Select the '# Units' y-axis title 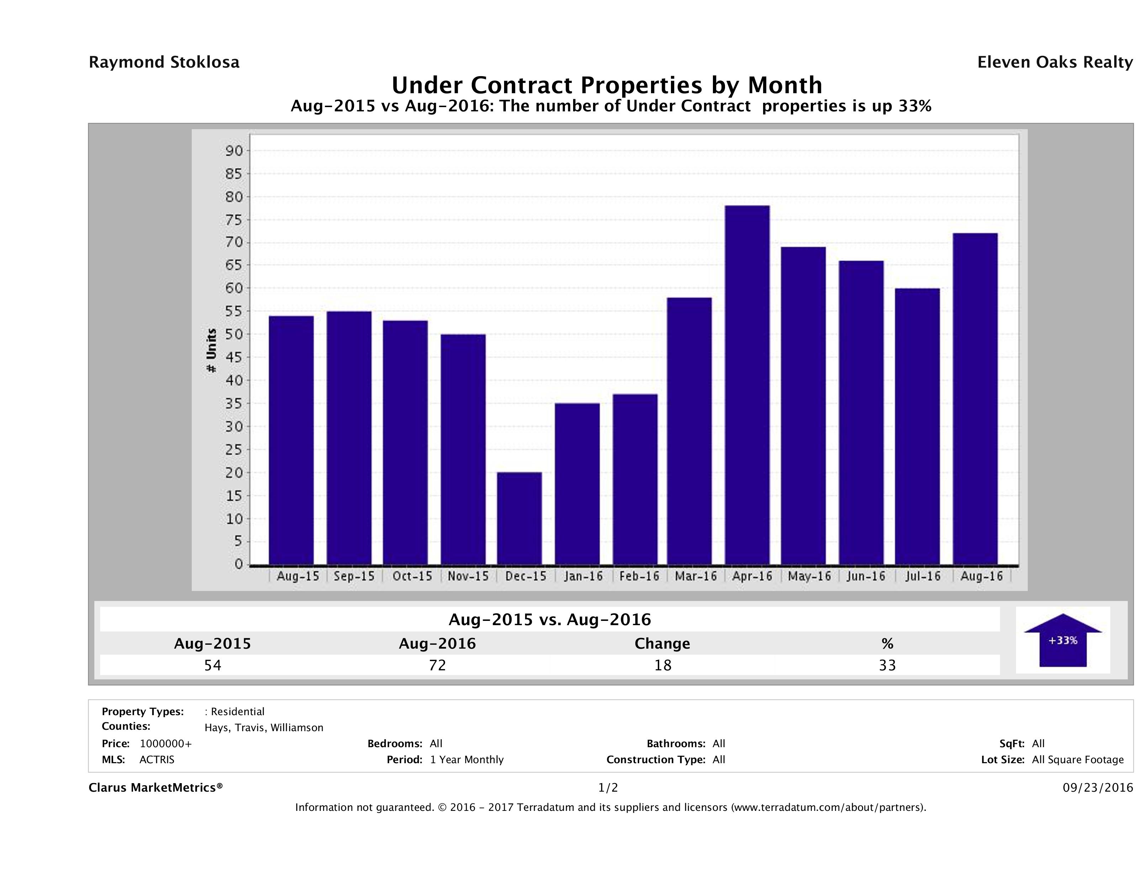211,351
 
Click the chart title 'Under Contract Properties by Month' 607,85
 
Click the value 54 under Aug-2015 213,665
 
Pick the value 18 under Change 663,665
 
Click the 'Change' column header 662,644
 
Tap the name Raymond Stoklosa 164,62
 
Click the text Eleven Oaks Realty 1054,62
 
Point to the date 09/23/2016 1097,788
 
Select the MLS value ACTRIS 157,760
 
